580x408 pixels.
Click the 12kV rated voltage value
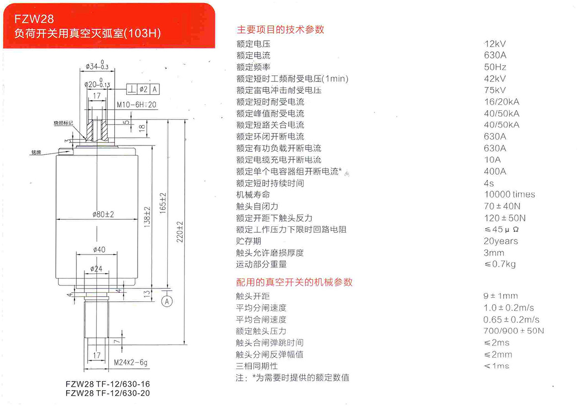tap(495, 44)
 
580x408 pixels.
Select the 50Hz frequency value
tap(495, 67)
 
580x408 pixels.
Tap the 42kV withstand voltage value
tap(495, 78)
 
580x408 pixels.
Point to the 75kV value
tap(495, 90)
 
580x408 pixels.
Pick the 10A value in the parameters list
tap(492, 160)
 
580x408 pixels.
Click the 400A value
tap(495, 171)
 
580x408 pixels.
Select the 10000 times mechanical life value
tap(509, 195)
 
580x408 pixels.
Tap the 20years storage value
tap(501, 241)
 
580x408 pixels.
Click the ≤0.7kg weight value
tap(500, 264)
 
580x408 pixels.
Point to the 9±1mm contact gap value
tap(501, 296)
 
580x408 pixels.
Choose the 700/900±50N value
tap(513, 331)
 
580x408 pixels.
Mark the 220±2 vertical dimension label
tap(181, 232)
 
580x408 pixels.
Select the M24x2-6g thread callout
tap(131, 363)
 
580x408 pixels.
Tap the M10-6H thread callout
tap(137, 105)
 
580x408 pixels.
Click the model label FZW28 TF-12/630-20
tap(108, 393)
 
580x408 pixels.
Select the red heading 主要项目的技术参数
tap(280, 29)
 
